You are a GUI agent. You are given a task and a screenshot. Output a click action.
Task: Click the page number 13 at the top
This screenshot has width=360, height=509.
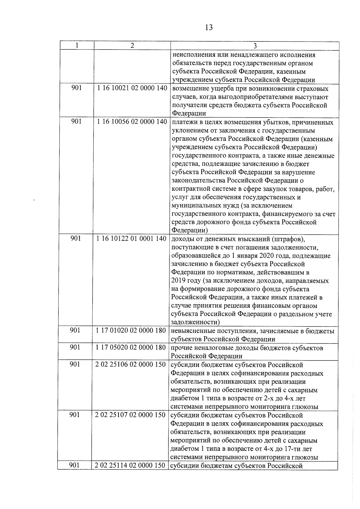click(x=209, y=28)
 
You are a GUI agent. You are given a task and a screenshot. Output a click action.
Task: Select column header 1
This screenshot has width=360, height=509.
click(x=77, y=45)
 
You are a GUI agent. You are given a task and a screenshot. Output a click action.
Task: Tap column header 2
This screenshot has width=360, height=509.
click(x=132, y=45)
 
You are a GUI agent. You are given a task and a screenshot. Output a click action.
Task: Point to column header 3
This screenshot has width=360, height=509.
click(x=255, y=46)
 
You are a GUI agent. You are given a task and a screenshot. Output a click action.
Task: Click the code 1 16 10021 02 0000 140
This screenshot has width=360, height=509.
click(x=132, y=89)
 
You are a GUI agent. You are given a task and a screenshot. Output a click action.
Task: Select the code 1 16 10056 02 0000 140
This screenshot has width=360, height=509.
click(x=132, y=122)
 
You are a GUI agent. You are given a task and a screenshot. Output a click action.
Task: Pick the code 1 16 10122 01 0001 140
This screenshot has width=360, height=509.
click(x=131, y=239)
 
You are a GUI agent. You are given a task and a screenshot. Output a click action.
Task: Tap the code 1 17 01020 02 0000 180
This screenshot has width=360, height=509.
click(x=131, y=331)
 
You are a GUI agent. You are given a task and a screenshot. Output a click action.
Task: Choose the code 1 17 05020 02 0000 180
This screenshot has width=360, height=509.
click(x=131, y=347)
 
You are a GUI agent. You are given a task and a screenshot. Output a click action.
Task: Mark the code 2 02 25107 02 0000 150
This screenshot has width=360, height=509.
click(x=130, y=415)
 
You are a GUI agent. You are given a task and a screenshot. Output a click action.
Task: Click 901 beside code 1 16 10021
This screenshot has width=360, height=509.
click(x=76, y=89)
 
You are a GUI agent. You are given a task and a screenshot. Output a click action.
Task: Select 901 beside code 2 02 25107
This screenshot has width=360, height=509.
click(x=74, y=415)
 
